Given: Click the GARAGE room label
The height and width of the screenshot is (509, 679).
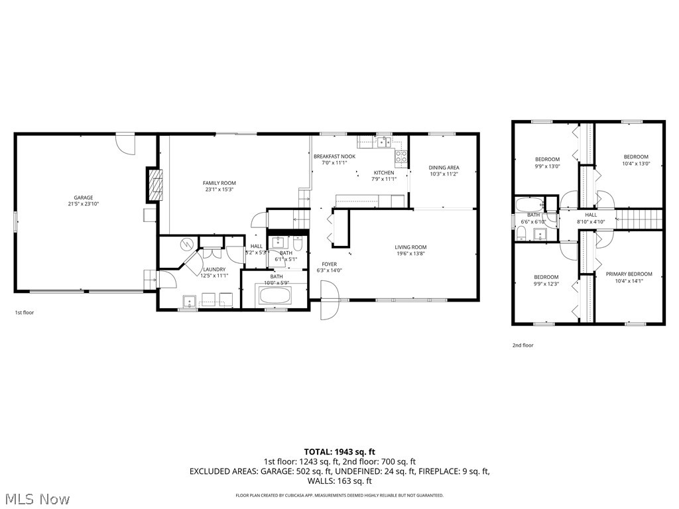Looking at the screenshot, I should pyautogui.click(x=84, y=198).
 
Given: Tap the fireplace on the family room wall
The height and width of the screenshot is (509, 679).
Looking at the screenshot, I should pyautogui.click(x=154, y=185).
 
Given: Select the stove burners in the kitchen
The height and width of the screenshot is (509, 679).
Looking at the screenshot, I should pyautogui.click(x=401, y=157).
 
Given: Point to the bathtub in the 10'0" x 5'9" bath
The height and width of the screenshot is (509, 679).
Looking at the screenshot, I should pyautogui.click(x=275, y=295).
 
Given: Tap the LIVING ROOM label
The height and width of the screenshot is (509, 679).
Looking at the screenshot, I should pyautogui.click(x=410, y=247).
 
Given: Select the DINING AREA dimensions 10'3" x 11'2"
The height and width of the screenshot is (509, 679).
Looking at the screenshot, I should pyautogui.click(x=444, y=174).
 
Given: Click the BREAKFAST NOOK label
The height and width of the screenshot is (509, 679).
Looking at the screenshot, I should pyautogui.click(x=334, y=156).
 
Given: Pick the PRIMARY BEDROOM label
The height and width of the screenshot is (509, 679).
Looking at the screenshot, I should pyautogui.click(x=629, y=274).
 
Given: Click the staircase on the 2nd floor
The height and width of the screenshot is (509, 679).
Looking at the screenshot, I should pyautogui.click(x=640, y=217).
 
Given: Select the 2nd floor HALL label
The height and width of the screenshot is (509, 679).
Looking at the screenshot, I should pyautogui.click(x=591, y=215).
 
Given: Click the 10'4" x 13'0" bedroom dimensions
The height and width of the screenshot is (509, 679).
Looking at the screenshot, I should pyautogui.click(x=636, y=164).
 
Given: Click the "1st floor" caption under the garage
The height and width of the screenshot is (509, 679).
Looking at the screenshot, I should pyautogui.click(x=24, y=312).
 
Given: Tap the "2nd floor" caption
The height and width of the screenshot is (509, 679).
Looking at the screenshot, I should pyautogui.click(x=523, y=345).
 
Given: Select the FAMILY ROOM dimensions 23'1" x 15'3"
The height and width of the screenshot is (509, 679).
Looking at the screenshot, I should pyautogui.click(x=219, y=190).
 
